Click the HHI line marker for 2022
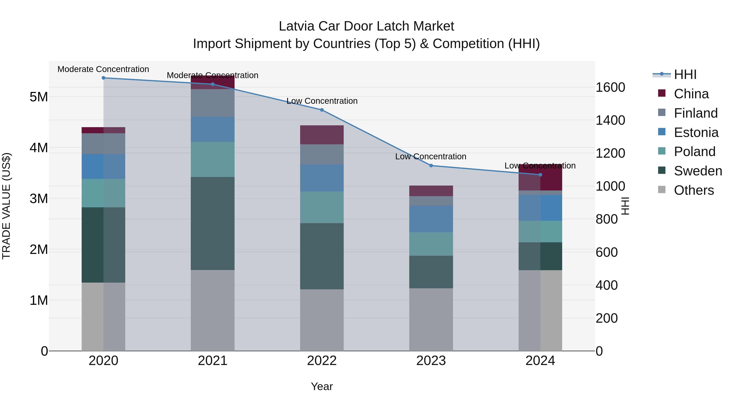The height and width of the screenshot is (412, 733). [322, 110]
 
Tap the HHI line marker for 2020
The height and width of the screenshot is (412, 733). [103, 78]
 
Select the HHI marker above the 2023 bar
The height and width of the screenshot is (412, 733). [431, 165]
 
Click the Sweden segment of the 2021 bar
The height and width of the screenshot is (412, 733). [213, 223]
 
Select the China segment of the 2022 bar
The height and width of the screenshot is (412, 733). [322, 135]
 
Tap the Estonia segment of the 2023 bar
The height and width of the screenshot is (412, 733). [431, 219]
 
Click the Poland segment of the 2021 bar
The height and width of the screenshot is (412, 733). [213, 159]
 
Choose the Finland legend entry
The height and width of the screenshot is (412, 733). [696, 113]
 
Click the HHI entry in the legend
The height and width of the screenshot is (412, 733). [685, 74]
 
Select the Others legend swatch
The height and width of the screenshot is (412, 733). [662, 190]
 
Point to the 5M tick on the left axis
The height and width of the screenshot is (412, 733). [39, 97]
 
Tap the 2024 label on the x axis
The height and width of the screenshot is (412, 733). [540, 361]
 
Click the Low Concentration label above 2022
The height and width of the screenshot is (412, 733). [322, 101]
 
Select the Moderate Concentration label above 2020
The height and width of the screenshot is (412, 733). [103, 69]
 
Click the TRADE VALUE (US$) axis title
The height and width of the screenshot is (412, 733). [6, 206]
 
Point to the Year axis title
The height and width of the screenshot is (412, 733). [322, 386]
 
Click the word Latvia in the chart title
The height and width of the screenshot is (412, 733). [296, 26]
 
